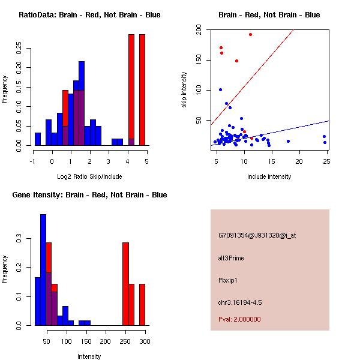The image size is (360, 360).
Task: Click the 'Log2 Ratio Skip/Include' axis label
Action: point(89,176)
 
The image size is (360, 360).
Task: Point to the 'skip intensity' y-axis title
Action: point(184,90)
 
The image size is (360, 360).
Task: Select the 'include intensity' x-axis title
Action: point(269,176)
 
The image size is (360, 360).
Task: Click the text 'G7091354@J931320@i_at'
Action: point(257,235)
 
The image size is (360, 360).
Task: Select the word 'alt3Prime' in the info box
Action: point(231,258)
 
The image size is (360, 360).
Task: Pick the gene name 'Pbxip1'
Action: point(229,280)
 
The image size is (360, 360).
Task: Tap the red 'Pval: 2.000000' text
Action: point(240,319)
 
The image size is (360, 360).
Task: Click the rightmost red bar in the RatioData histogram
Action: point(142,90)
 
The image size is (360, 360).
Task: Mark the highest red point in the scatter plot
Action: point(250,34)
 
